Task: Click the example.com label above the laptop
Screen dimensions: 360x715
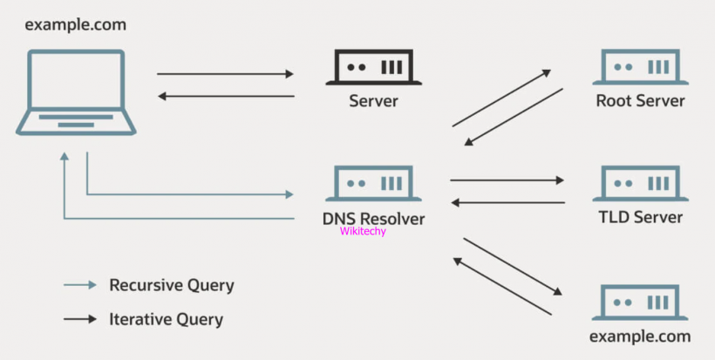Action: click(75, 24)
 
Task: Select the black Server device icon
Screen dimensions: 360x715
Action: click(373, 67)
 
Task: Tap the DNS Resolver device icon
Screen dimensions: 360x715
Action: click(373, 184)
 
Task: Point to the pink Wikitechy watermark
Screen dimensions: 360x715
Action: click(363, 232)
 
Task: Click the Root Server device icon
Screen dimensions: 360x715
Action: click(640, 67)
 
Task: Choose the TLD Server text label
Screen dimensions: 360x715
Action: click(640, 217)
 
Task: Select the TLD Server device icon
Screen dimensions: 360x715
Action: click(640, 184)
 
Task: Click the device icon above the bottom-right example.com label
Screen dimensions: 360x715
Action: click(640, 302)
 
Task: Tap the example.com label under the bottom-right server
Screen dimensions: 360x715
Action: click(640, 336)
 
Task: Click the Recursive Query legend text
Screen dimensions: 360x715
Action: click(171, 285)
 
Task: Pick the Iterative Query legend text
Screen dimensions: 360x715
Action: click(166, 319)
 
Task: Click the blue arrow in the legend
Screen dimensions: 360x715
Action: click(80, 285)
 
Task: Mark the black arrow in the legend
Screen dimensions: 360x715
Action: click(80, 319)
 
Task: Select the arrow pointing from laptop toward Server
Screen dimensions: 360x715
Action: click(225, 74)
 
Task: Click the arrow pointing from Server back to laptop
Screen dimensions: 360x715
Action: click(225, 97)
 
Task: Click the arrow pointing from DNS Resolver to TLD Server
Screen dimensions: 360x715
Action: click(507, 180)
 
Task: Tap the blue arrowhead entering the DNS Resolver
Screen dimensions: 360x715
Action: click(289, 194)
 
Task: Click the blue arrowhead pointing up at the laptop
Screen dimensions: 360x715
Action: click(65, 158)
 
